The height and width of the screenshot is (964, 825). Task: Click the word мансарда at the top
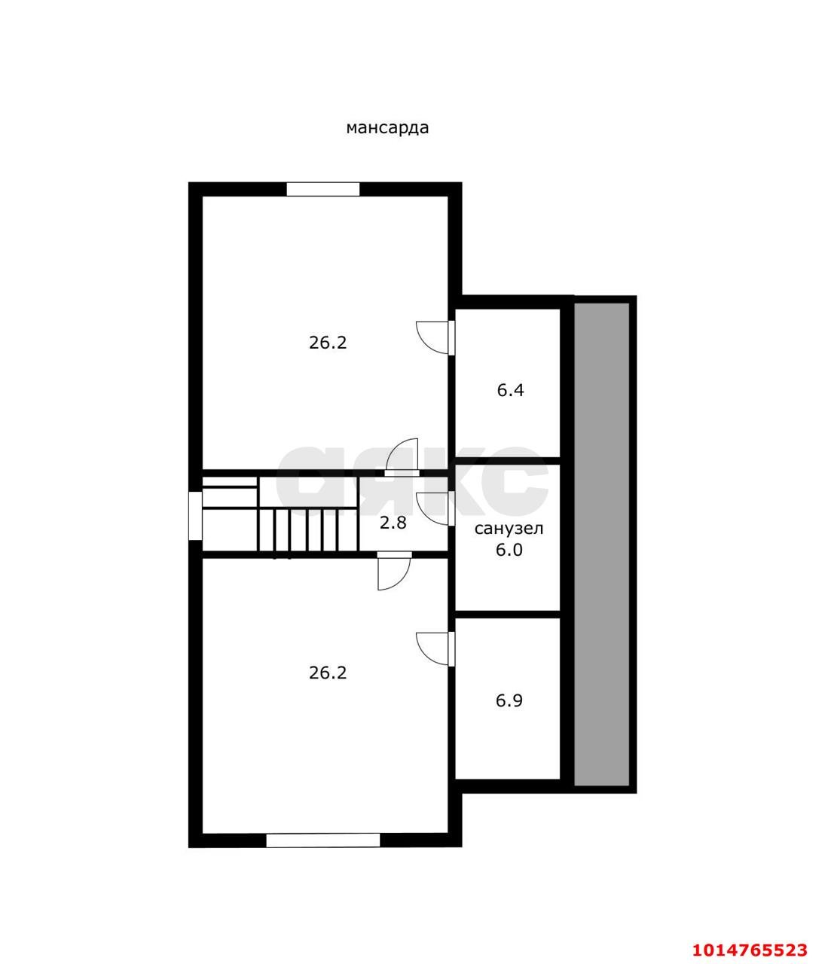click(x=387, y=127)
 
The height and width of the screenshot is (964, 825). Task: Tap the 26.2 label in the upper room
click(x=328, y=343)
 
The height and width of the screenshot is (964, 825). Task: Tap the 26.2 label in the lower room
click(x=328, y=673)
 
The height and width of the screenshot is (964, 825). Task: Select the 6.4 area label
click(x=510, y=390)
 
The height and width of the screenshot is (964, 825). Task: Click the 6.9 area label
click(x=509, y=700)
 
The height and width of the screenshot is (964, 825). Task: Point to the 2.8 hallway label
click(x=393, y=523)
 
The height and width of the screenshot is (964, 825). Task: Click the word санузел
click(x=509, y=529)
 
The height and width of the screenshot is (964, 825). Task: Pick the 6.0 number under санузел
click(x=509, y=550)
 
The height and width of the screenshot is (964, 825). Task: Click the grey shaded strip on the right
click(x=601, y=545)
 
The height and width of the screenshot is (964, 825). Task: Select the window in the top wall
click(x=323, y=189)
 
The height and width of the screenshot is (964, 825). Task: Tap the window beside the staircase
click(x=195, y=516)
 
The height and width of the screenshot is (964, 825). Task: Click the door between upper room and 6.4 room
click(x=435, y=337)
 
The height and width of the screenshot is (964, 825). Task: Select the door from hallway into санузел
click(x=435, y=508)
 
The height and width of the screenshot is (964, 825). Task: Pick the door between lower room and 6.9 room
click(x=435, y=648)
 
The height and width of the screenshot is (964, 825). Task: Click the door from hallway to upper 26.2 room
click(x=402, y=457)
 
